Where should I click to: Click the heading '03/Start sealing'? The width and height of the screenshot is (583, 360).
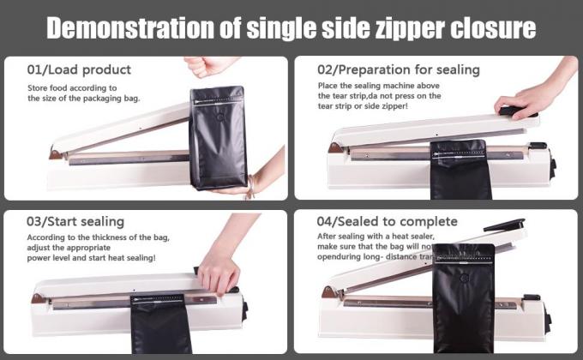(75, 222)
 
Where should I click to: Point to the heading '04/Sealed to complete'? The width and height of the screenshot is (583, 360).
(387, 222)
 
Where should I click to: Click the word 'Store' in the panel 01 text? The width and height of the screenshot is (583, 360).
(38, 87)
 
